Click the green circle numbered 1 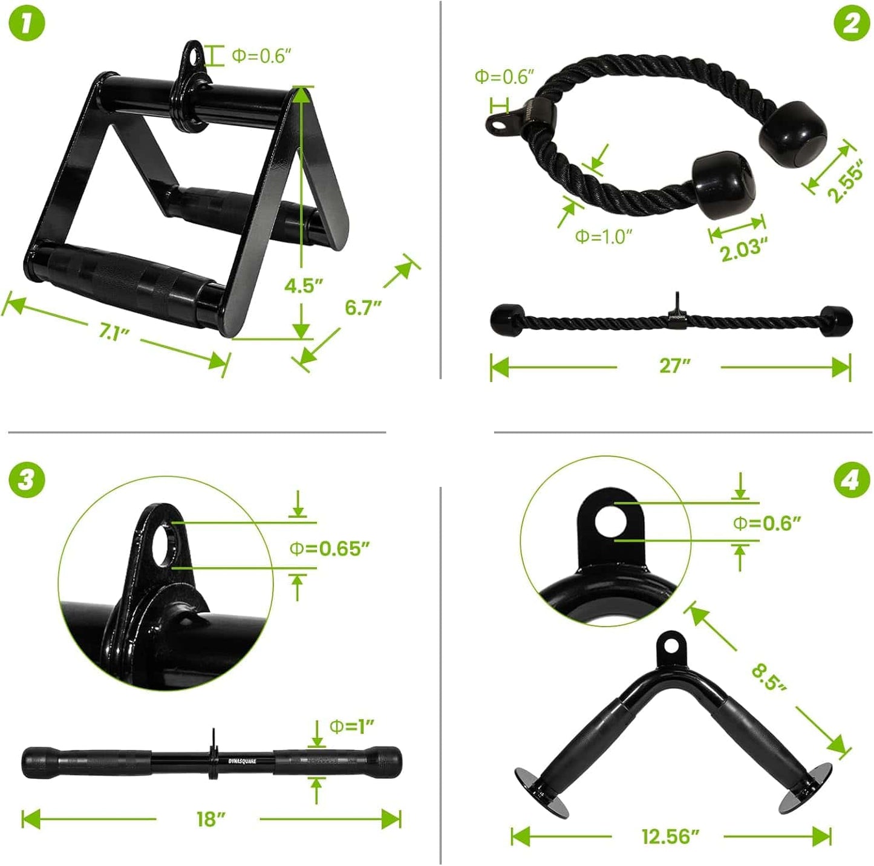coord(27,24)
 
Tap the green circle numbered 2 coord(851,24)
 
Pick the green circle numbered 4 coord(851,481)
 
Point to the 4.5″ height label coord(304,285)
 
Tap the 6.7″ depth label coord(364,307)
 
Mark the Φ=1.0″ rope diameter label coord(603,236)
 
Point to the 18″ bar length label coord(211,819)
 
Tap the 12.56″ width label coord(670,836)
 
